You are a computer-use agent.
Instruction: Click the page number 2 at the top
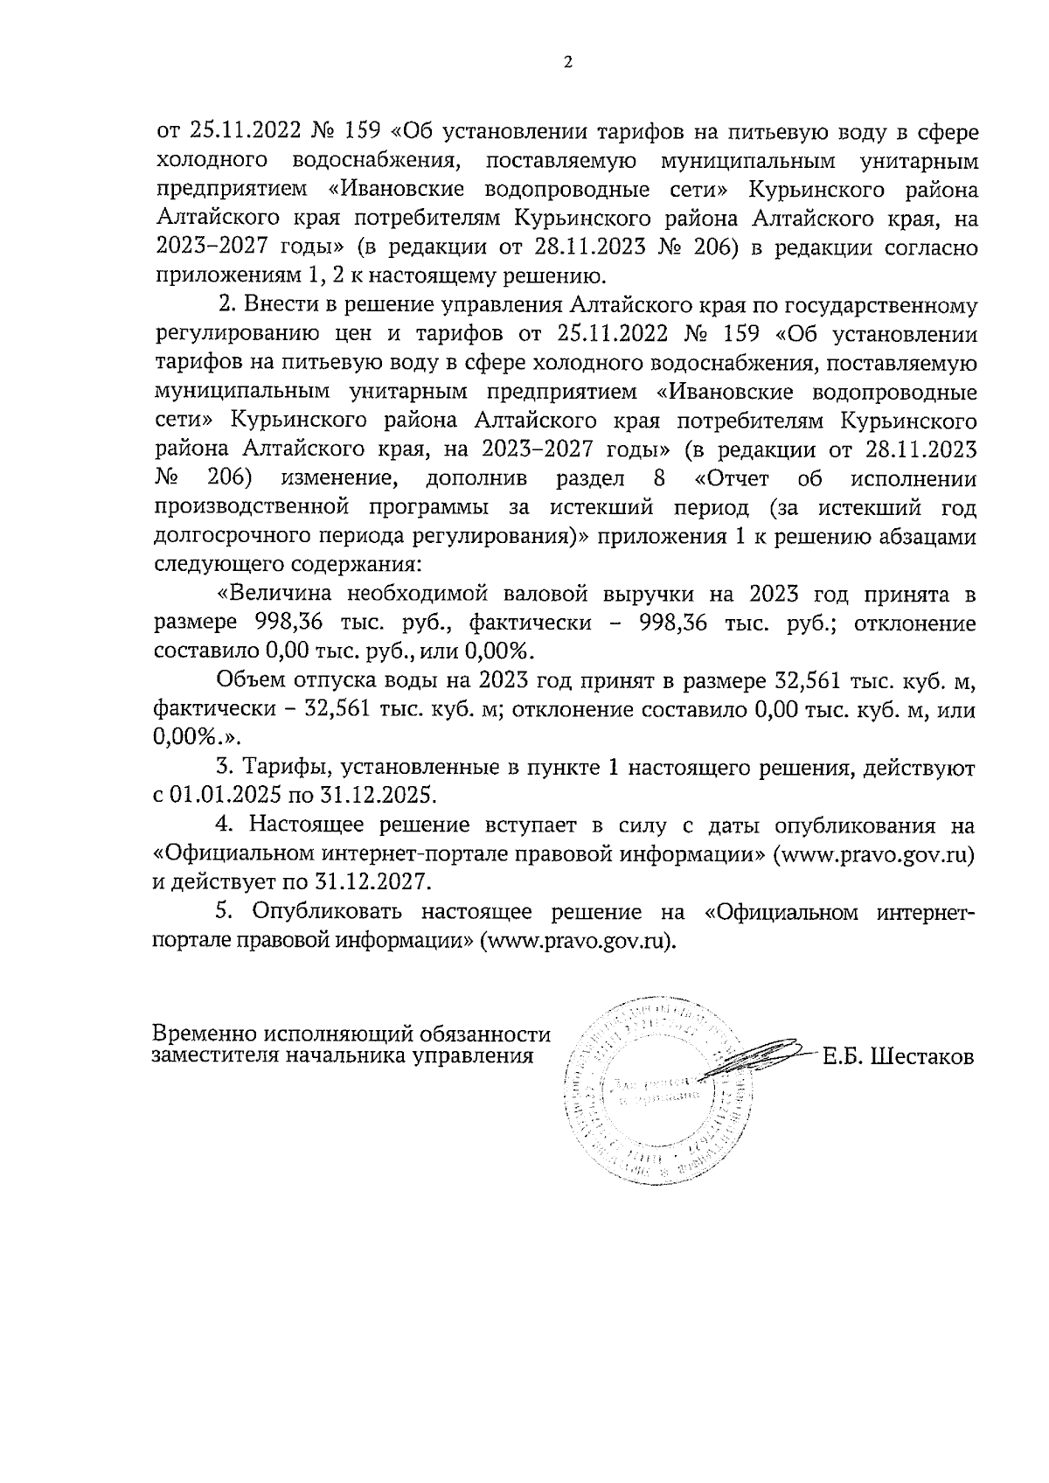[568, 62]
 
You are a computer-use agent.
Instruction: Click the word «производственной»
[251, 509]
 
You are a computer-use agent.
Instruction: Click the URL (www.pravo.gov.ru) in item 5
[580, 940]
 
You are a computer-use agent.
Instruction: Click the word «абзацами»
[927, 537]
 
